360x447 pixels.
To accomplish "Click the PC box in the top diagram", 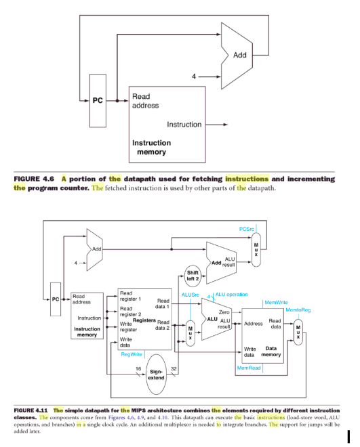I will coord(98,101).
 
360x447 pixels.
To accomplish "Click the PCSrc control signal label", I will coord(248,229).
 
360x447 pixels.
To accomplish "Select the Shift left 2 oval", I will coord(193,276).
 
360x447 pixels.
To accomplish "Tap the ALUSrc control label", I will coord(191,295).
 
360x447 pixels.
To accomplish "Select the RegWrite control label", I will coord(131,354).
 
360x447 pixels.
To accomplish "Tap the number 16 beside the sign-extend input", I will coord(139,368).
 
